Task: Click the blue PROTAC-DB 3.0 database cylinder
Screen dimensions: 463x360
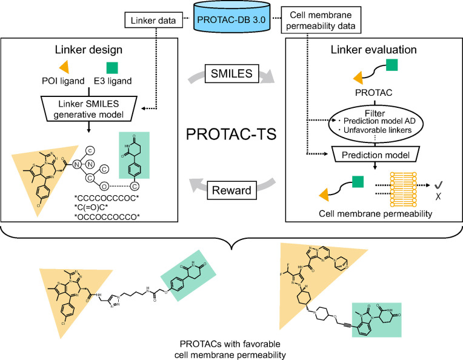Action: pos(232,16)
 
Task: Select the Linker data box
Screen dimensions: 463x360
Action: pos(153,21)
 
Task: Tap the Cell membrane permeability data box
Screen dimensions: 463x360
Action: pos(321,20)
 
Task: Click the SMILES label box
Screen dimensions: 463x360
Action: pos(232,73)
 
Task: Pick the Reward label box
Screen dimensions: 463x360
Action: pos(232,190)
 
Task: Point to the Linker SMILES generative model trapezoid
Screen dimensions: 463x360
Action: pos(88,108)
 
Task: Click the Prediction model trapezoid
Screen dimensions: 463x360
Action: pos(375,155)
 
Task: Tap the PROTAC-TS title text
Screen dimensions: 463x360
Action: pos(232,134)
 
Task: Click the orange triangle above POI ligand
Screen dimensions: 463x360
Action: pos(65,67)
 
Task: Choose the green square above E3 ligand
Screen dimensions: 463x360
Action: pos(112,68)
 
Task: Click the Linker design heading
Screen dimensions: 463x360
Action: pos(88,50)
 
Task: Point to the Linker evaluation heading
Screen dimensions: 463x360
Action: pos(373,50)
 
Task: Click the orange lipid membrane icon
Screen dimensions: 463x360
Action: pos(404,189)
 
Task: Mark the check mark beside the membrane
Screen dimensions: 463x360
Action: pos(439,185)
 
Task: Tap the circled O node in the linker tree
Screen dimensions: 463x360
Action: pos(104,186)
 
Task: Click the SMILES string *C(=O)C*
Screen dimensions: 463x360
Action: pos(92,207)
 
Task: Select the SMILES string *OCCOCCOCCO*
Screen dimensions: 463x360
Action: pos(107,217)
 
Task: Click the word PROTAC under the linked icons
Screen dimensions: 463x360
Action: pos(373,93)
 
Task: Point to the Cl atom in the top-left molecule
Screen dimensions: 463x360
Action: pos(38,205)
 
